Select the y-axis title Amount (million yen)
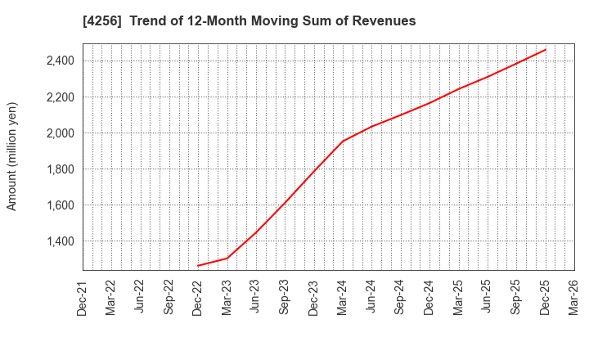12,156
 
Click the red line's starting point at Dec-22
198,265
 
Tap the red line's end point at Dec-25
545,49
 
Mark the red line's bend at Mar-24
342,141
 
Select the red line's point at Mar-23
227,258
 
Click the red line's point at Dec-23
313,172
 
